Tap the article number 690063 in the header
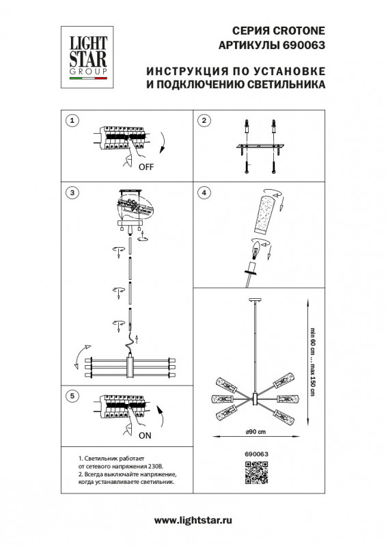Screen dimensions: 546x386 click(302, 45)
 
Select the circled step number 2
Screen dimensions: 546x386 click(203, 121)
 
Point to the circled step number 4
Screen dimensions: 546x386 click(203, 193)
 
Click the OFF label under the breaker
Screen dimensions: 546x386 click(146, 167)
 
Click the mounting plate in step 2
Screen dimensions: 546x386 click(264, 147)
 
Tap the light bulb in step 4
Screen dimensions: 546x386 click(256, 254)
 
